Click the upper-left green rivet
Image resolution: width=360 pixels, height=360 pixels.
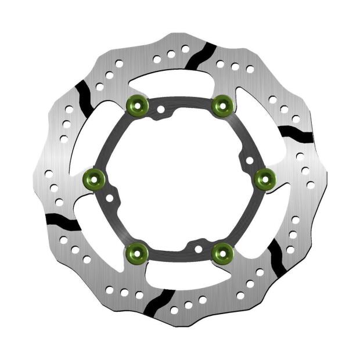pos(136,105)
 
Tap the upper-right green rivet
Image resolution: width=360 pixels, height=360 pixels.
pos(222,105)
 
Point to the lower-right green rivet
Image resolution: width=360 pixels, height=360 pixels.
pos(222,252)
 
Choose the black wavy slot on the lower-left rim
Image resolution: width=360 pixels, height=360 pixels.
pos(63,221)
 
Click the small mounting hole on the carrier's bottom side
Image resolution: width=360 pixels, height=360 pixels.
pos(199,249)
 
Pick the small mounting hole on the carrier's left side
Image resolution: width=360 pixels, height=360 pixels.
pos(110,198)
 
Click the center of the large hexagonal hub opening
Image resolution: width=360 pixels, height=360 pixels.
pos(179,179)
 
